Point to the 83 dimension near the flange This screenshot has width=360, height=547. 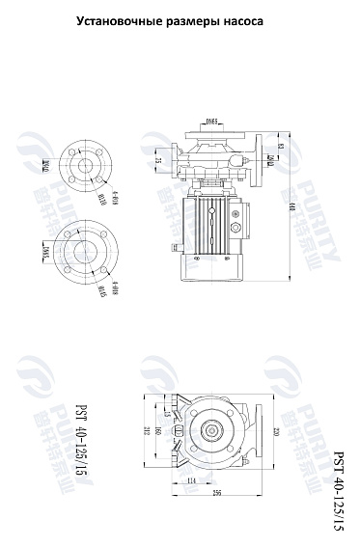[281, 147]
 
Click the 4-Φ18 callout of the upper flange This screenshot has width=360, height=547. [114, 201]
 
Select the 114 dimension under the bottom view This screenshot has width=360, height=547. [190, 479]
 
